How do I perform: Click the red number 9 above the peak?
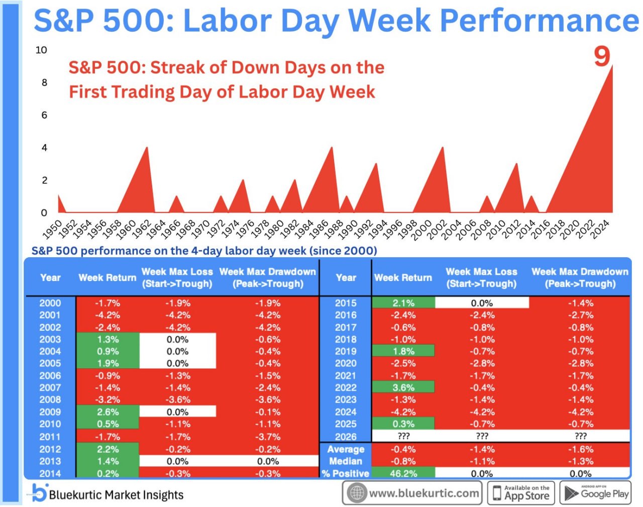pyautogui.click(x=602, y=56)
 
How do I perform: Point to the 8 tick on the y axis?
pyautogui.click(x=44, y=82)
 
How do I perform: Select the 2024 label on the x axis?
pyautogui.click(x=601, y=229)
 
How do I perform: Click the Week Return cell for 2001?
pyautogui.click(x=108, y=315)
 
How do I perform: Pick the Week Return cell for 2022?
pyautogui.click(x=403, y=388)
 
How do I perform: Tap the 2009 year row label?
pyautogui.click(x=50, y=412)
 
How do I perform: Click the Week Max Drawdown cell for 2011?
pyautogui.click(x=268, y=437)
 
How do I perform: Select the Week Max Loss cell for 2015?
pyautogui.click(x=482, y=303)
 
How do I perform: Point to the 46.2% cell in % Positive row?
pyautogui.click(x=403, y=473)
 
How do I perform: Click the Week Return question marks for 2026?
pyautogui.click(x=403, y=436)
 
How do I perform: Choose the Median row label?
pyautogui.click(x=346, y=461)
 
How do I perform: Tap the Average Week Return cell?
pyautogui.click(x=403, y=449)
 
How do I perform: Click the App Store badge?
pyautogui.click(x=521, y=492)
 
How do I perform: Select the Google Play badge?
pyautogui.click(x=595, y=492)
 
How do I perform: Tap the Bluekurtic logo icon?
pyautogui.click(x=40, y=492)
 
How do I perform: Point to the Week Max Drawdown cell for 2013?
pyautogui.click(x=268, y=461)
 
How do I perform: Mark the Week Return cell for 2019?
pyautogui.click(x=403, y=351)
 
